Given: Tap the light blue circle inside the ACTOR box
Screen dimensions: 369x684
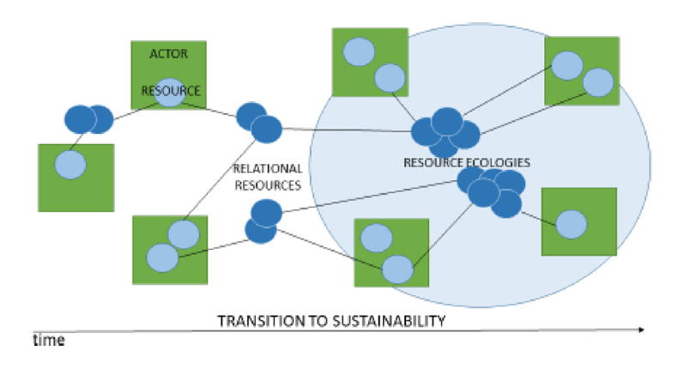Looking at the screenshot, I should tap(170, 93).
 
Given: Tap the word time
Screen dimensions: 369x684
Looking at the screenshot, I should tap(49, 341).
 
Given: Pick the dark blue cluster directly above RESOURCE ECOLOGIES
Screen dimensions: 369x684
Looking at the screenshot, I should tap(445, 130).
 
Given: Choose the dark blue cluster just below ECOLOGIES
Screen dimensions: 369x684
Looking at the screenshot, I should tap(492, 190).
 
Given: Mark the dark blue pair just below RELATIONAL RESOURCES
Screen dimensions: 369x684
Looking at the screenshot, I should tap(263, 221).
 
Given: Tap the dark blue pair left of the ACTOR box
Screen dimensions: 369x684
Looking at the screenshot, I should tap(88, 118).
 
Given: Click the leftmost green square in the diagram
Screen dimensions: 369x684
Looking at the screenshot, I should tap(76, 177).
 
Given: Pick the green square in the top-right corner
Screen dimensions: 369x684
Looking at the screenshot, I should tap(582, 70).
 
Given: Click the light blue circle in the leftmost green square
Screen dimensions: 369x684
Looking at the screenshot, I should tap(70, 163).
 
